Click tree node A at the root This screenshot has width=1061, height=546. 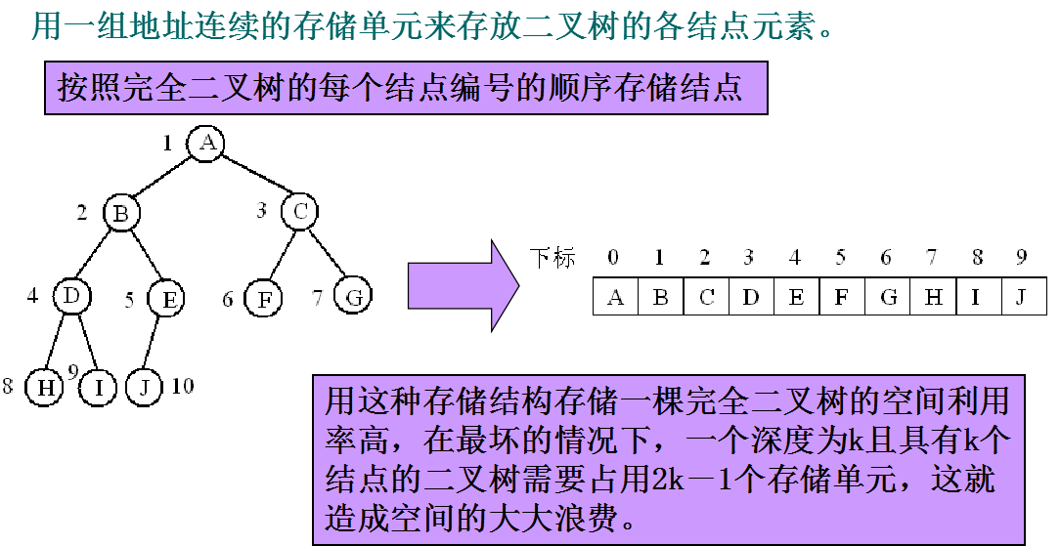pos(206,144)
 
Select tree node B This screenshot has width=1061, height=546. pos(121,213)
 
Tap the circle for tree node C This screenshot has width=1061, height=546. pos(299,211)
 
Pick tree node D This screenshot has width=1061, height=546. pos(71,295)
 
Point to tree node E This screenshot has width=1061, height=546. pos(167,299)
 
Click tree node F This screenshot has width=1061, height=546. pos(262,298)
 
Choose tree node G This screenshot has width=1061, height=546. pos(352,296)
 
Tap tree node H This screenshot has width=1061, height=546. pos(44,387)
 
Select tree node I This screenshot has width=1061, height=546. pos(98,387)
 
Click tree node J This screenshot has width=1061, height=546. pos(145,386)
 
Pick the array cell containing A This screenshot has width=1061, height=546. pos(615,297)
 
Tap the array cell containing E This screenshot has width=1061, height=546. pos(796,297)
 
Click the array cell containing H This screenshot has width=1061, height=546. pos(933,297)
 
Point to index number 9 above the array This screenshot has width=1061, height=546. pos(1021,258)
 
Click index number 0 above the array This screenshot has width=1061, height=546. pos(613,258)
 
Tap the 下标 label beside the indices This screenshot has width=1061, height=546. pos(553,258)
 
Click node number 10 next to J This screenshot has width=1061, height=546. pos(182,386)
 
